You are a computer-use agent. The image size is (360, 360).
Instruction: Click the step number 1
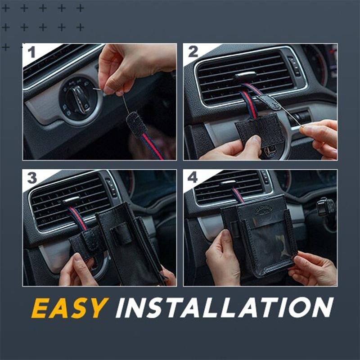tap(31, 52)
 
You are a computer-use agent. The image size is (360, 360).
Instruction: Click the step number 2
tap(193, 52)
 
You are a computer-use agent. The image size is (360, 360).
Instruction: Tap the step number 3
tap(32, 178)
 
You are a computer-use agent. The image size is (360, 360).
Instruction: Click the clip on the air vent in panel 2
tap(246, 76)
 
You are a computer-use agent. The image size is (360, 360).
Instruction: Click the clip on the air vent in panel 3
tap(71, 201)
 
